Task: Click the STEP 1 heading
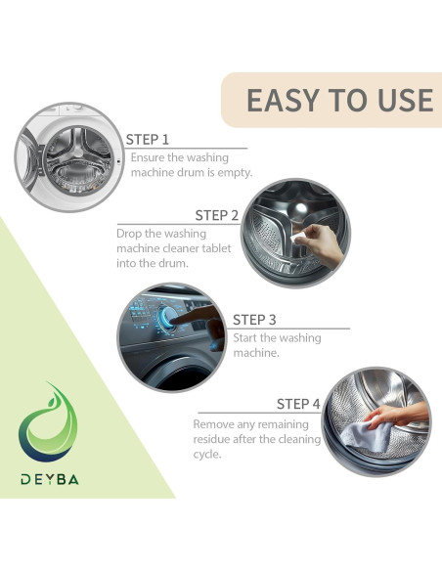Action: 148,140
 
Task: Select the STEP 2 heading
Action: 217,215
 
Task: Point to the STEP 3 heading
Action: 254,320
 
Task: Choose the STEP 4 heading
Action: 298,404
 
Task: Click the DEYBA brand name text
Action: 50,479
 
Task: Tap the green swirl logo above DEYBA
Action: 48,422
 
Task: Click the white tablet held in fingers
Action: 298,238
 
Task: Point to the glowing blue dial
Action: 169,317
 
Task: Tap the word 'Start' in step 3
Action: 244,338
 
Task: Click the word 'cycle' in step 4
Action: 206,455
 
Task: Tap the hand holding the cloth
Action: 397,416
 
